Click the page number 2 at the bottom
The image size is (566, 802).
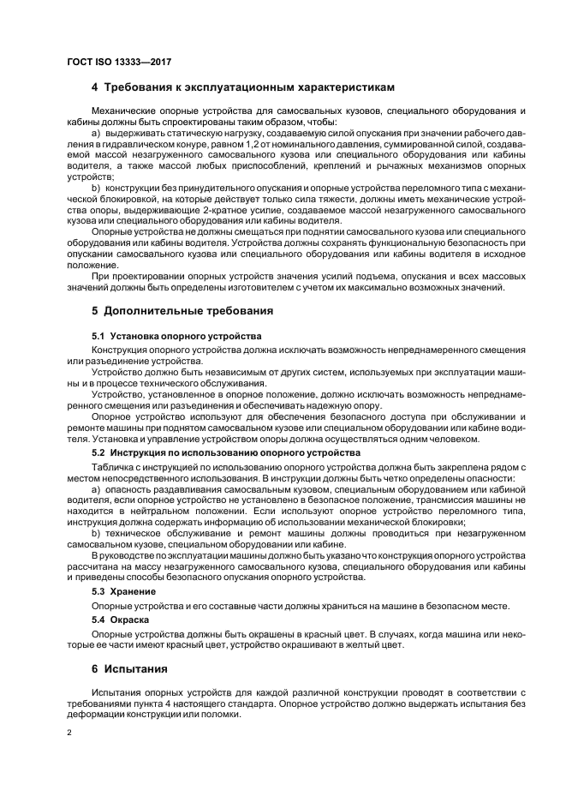tap(69, 734)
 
